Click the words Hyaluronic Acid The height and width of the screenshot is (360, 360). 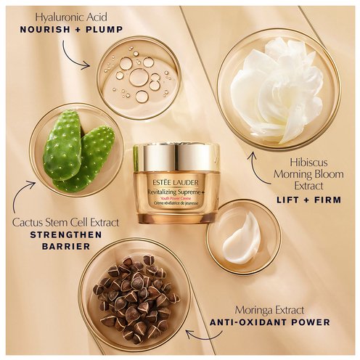[x=71, y=17]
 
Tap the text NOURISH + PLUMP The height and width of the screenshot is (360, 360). [x=71, y=30]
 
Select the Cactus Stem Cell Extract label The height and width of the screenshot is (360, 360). [x=65, y=223]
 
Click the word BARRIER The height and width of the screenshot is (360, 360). [x=66, y=247]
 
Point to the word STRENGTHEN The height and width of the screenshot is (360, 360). [x=66, y=234]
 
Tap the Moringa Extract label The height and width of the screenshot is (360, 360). [x=269, y=310]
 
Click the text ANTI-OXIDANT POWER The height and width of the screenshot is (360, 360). [x=270, y=322]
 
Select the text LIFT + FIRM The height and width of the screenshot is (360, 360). [x=309, y=200]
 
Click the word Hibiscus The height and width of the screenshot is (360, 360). [x=308, y=163]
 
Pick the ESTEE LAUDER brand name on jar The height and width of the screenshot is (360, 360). [x=176, y=183]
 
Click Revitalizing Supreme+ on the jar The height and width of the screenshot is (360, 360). [x=176, y=192]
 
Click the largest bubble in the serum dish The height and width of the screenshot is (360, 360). [x=139, y=77]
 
